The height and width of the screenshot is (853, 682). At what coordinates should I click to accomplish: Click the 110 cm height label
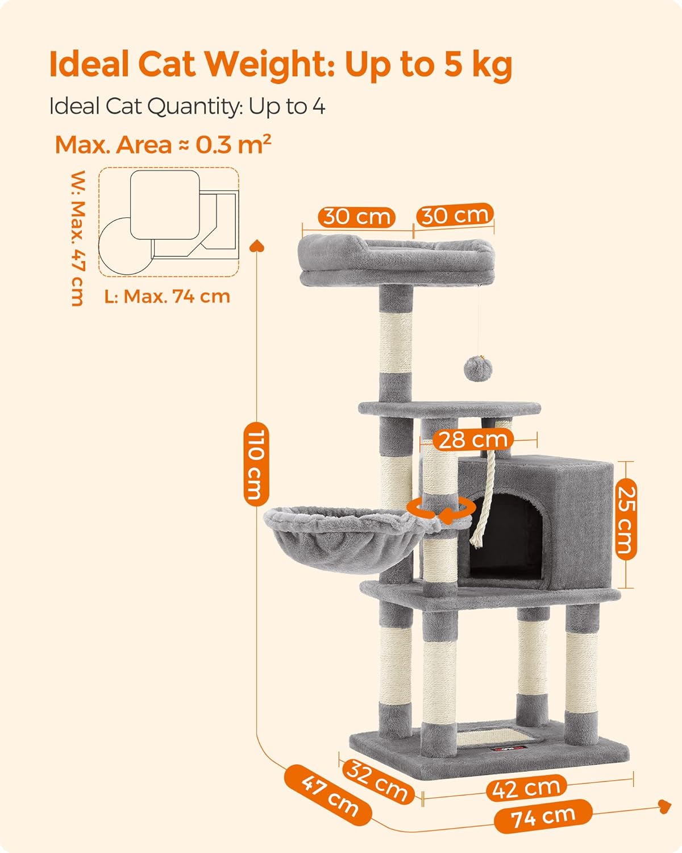256,464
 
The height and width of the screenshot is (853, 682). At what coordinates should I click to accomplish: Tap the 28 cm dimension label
473,440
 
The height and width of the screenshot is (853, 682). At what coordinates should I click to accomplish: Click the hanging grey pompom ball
479,368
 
